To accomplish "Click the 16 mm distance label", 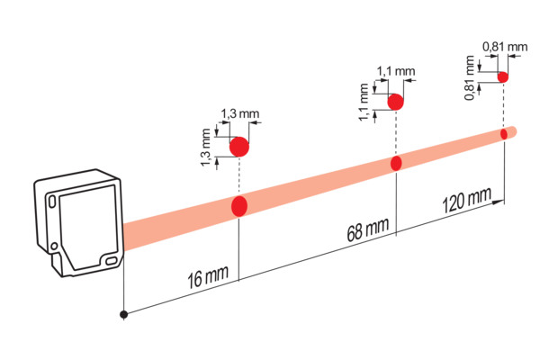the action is click(208, 276).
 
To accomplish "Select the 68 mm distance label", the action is click(368, 229).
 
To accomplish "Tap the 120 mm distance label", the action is click(466, 201).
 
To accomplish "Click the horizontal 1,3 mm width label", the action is click(239, 113).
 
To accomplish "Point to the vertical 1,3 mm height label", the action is click(205, 147).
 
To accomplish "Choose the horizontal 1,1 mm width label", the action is click(396, 71).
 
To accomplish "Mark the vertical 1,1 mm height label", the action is click(364, 103).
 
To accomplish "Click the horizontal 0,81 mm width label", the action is click(505, 47).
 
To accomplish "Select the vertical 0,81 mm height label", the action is click(470, 78).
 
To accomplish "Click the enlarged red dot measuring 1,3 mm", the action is click(239, 147).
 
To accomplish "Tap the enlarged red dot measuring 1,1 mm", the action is click(395, 102).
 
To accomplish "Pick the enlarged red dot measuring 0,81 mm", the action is click(503, 77).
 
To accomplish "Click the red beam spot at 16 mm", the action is click(239, 206).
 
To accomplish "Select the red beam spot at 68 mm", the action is click(396, 163).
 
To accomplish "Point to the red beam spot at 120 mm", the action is click(504, 134).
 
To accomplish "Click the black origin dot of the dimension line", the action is click(123, 314).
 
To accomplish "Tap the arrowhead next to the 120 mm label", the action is click(498, 202).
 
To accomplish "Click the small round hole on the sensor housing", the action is click(54, 246).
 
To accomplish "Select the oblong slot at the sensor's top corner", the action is click(52, 202).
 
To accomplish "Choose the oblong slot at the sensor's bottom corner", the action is click(111, 261).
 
